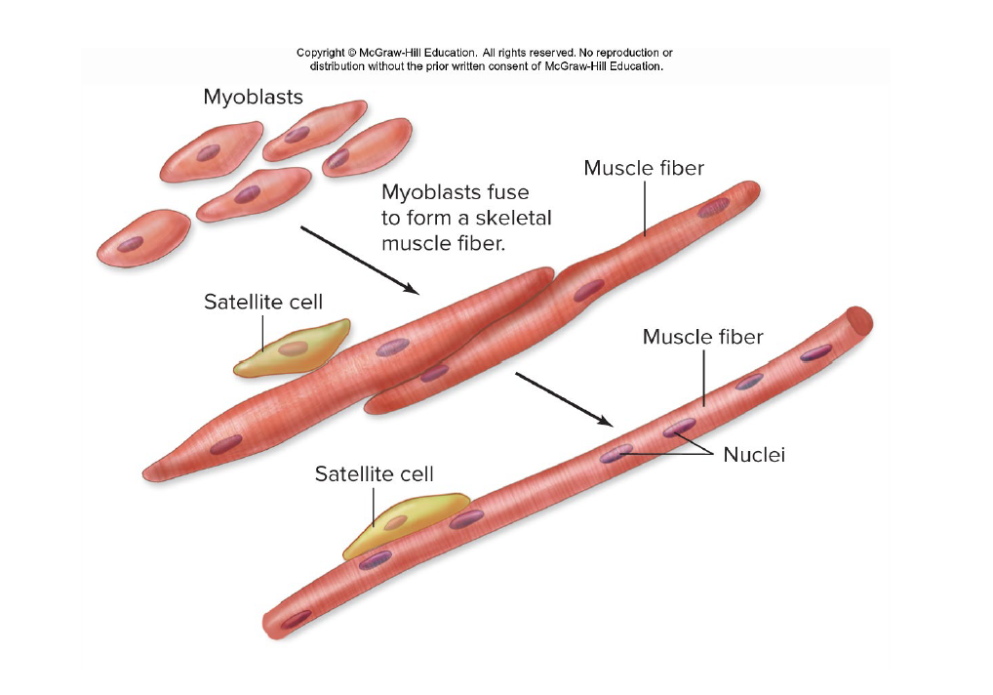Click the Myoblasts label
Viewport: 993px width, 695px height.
pyautogui.click(x=253, y=98)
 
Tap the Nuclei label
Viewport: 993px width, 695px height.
pyautogui.click(x=754, y=455)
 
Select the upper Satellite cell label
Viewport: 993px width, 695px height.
pyautogui.click(x=262, y=303)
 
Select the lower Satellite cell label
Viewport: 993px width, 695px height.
pyautogui.click(x=374, y=474)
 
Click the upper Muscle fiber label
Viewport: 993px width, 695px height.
pyautogui.click(x=644, y=169)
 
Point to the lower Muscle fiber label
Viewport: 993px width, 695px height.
pyautogui.click(x=702, y=338)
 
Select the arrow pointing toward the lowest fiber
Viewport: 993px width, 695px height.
pyautogui.click(x=563, y=399)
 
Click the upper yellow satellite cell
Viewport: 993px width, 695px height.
pyautogui.click(x=293, y=349)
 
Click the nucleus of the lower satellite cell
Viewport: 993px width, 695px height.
pyautogui.click(x=394, y=523)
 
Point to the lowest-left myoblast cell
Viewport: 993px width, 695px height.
pyautogui.click(x=143, y=237)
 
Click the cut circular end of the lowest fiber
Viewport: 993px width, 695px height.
pyautogui.click(x=859, y=319)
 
